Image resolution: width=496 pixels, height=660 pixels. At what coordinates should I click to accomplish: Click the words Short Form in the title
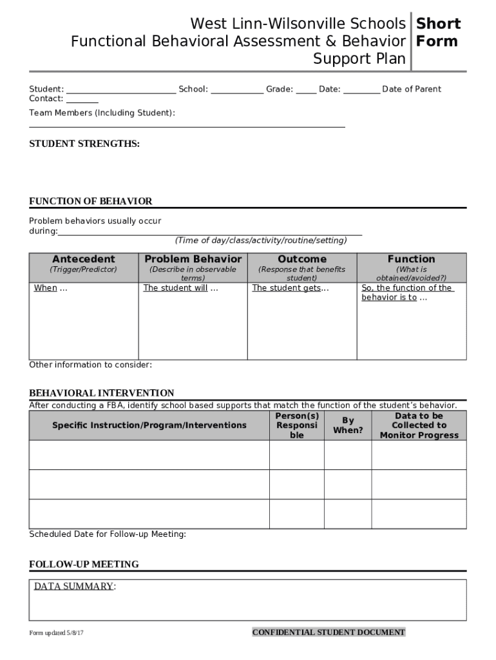coord(438,33)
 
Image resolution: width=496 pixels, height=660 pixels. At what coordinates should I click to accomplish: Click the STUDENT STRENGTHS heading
coord(84,144)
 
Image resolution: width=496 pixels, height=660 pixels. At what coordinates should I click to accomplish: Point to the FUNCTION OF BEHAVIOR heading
coord(91,201)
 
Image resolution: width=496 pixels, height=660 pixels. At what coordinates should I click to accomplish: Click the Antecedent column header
coord(84,259)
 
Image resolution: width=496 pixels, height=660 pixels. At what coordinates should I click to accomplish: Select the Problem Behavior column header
coord(193,259)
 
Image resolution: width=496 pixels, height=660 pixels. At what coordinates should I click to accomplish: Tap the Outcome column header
coord(302,259)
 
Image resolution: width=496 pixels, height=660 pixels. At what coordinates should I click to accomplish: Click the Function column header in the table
coord(411,259)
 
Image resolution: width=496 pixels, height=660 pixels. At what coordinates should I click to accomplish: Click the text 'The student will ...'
coord(180,288)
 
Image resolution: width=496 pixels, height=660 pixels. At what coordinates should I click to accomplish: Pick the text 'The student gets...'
coord(290,288)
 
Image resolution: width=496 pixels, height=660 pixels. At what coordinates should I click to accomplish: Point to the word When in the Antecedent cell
coord(45,288)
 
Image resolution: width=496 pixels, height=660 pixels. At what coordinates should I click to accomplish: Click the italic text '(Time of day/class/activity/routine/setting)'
coord(261,240)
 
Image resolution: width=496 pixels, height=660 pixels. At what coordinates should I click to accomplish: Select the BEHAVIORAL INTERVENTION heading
coord(102,393)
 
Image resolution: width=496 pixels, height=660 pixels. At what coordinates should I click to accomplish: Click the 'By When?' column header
coord(348,425)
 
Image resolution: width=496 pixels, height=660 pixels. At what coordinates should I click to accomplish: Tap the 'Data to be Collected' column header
coord(419,425)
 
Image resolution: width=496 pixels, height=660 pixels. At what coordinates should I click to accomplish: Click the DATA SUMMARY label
coord(74,587)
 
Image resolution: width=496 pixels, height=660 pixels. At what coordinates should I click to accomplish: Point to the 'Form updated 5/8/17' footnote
coord(57,633)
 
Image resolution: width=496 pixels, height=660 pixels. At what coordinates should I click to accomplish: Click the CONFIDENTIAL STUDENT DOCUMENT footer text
coord(329,632)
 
